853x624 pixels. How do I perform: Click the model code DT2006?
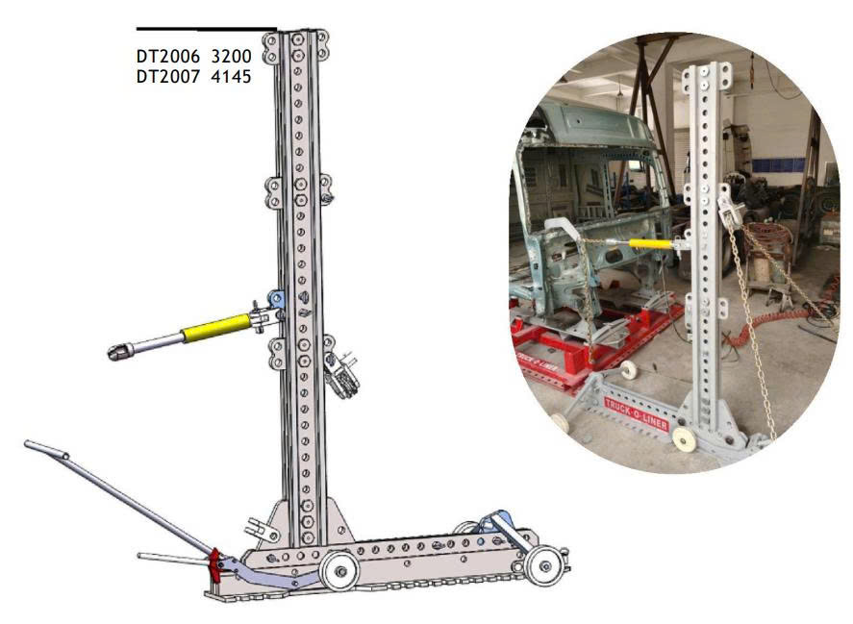point(167,57)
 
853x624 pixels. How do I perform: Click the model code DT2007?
point(167,77)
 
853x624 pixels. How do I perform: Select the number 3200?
point(231,57)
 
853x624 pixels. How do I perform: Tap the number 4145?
point(231,77)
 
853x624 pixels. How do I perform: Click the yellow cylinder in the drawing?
point(216,328)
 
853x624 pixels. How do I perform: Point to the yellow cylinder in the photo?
point(652,243)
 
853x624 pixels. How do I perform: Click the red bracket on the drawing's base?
point(215,563)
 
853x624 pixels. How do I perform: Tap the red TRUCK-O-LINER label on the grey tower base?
point(636,413)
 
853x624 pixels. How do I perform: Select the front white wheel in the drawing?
point(339,571)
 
